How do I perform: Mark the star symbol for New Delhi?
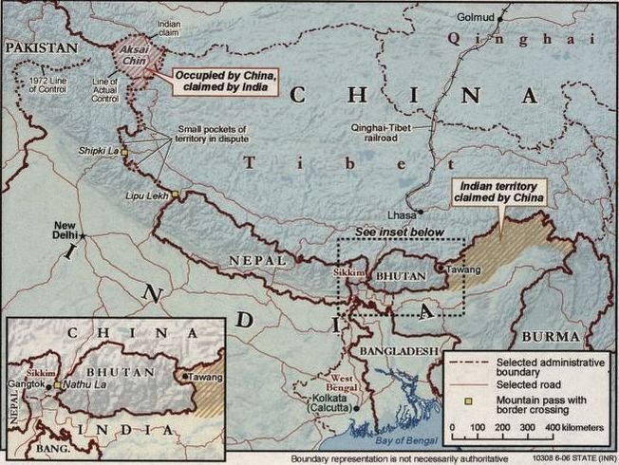coord(83,233)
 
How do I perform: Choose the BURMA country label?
coord(549,337)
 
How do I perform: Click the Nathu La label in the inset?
coord(84,384)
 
